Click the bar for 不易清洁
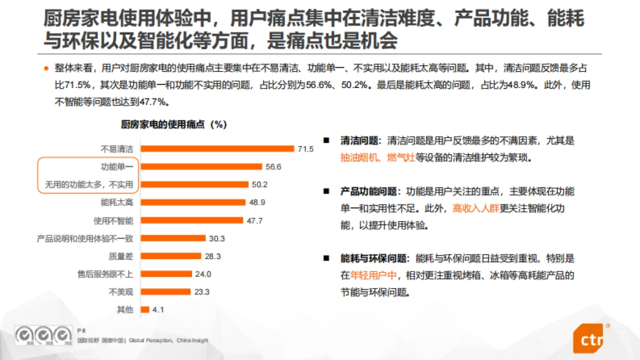pos(217,149)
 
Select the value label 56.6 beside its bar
pos(273,167)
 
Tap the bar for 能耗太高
pos(193,202)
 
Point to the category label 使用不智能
pos(113,220)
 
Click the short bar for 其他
pos(145,309)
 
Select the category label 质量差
pos(121,256)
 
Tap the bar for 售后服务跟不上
pos(166,274)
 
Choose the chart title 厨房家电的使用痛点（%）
pos(174,124)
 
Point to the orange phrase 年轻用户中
pos(375,275)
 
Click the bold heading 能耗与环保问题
pos(375,259)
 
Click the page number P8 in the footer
pos(82,331)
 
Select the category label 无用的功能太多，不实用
pos(89,185)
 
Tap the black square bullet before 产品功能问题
pos(326,191)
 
